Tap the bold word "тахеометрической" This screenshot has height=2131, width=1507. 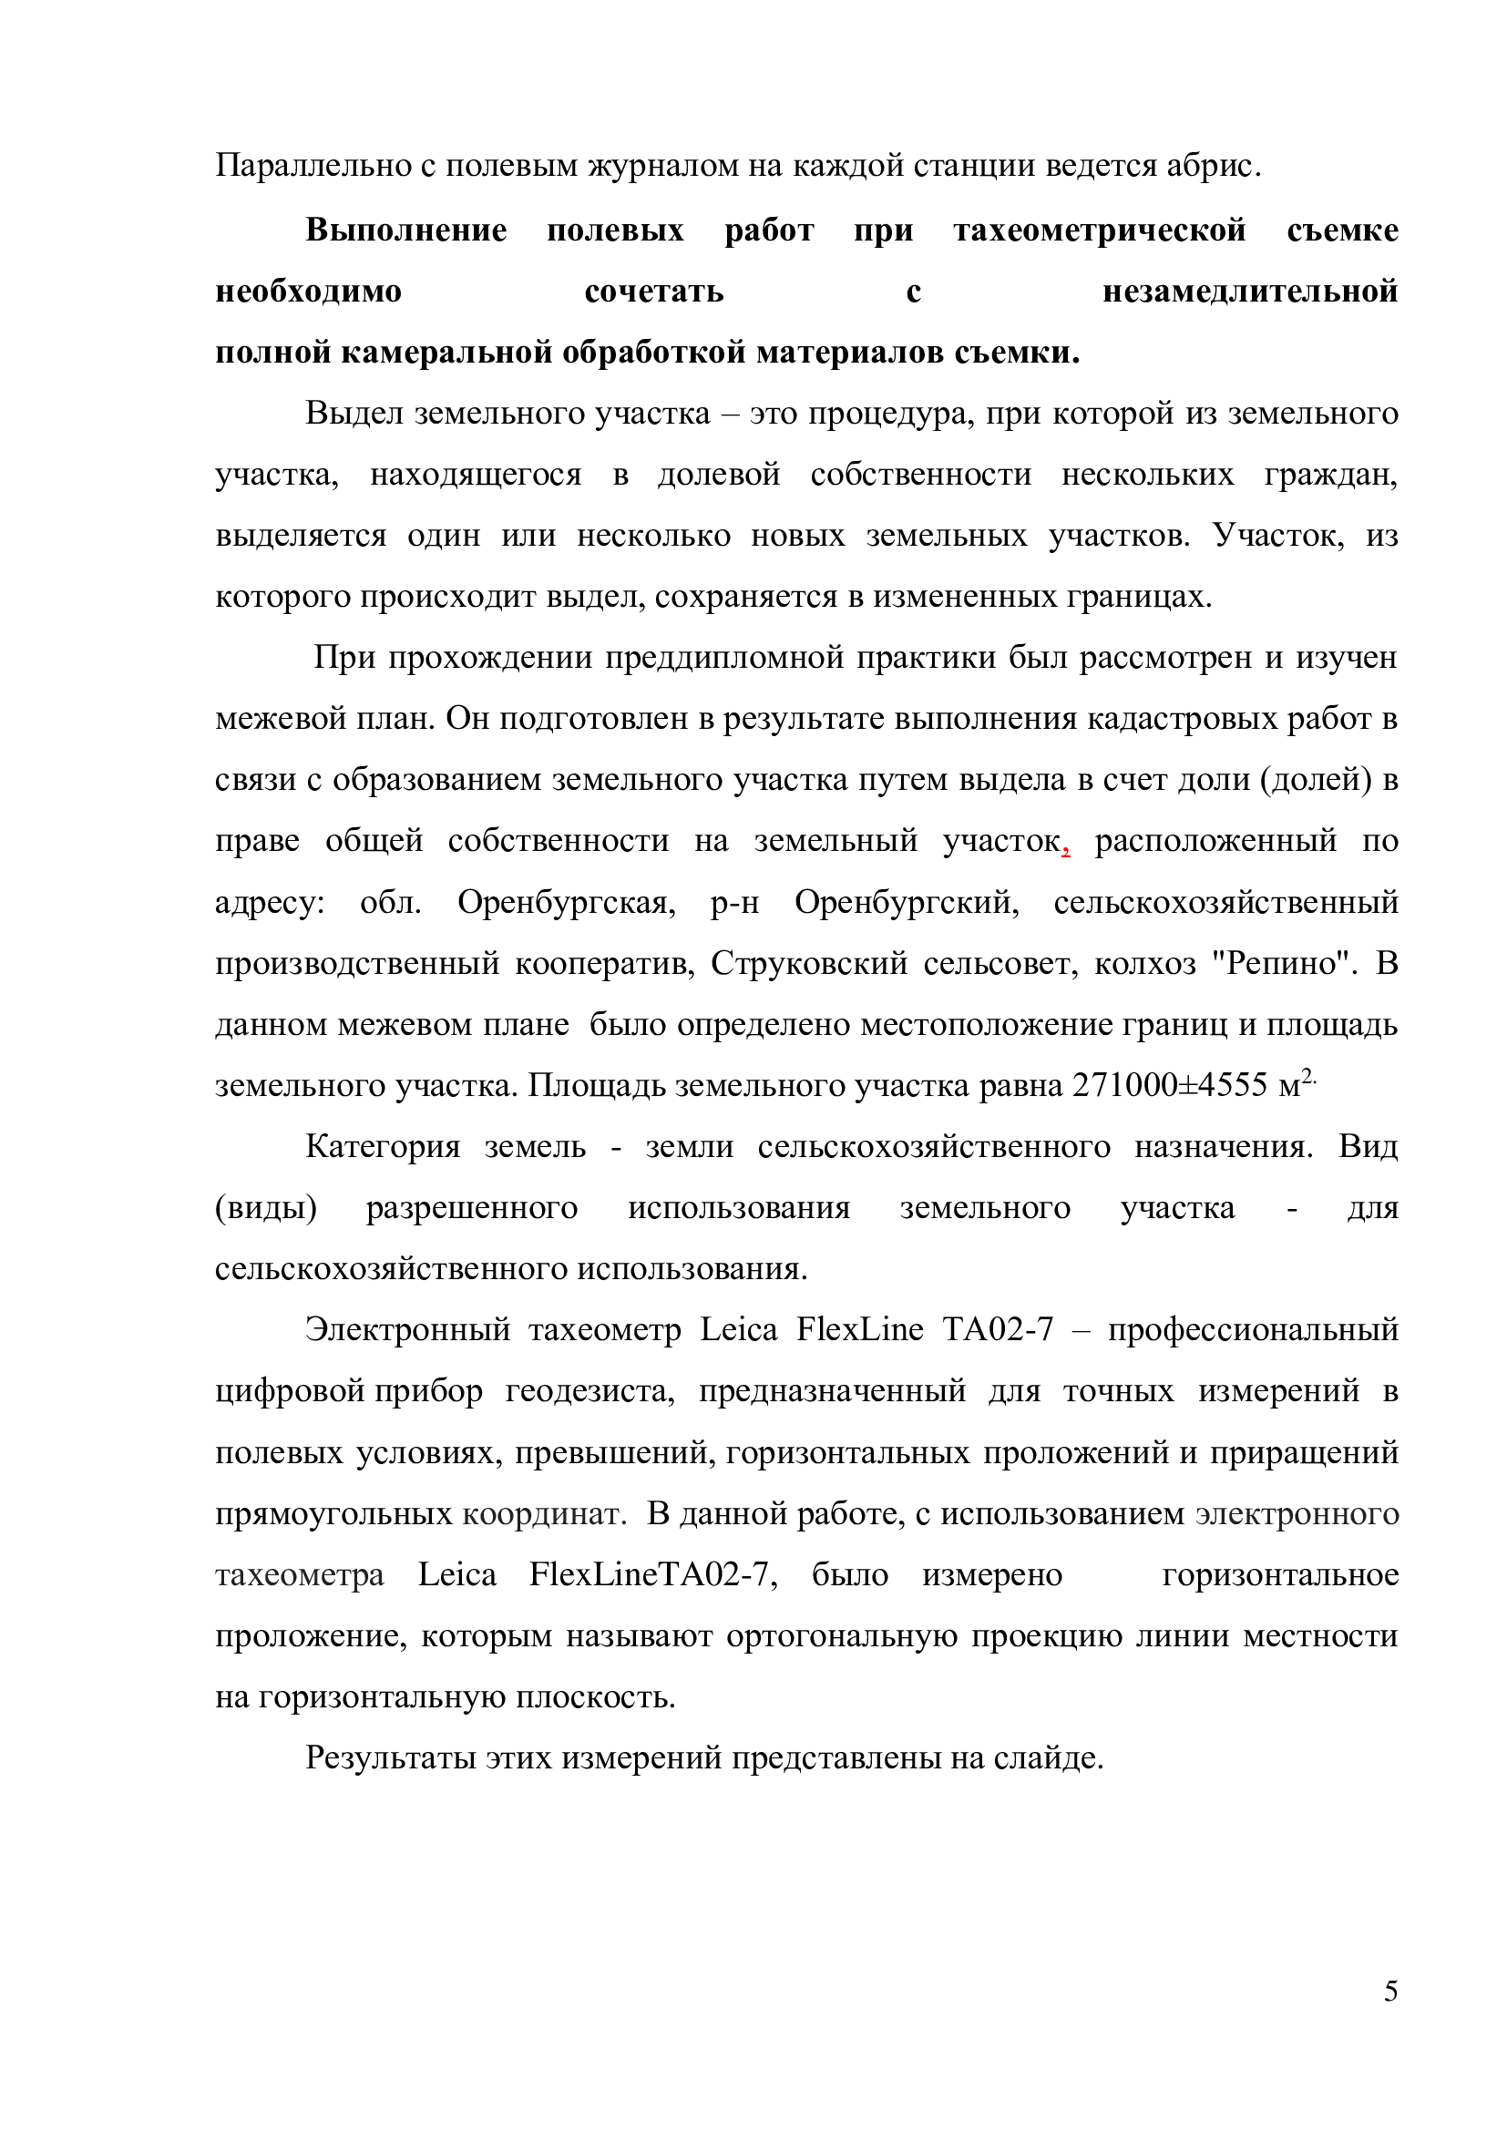(1101, 231)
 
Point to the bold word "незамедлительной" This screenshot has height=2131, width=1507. (1250, 292)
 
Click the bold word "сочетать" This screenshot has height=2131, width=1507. (654, 292)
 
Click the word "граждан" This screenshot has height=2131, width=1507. (1328, 476)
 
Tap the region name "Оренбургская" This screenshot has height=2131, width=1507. (566, 902)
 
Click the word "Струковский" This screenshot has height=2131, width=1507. (809, 963)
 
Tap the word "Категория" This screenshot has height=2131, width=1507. (383, 1147)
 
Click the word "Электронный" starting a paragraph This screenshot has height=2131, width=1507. (407, 1331)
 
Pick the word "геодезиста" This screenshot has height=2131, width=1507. (589, 1392)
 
